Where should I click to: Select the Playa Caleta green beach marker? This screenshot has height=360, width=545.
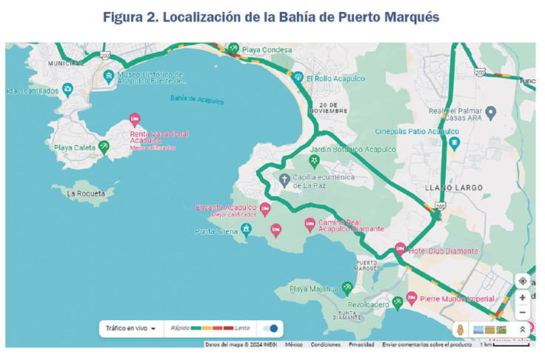pos(104,147)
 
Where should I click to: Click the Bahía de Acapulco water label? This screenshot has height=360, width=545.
pos(197,99)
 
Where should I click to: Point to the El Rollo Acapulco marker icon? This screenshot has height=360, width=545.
pos(297,77)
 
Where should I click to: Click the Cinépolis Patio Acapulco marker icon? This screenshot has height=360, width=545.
pos(455,143)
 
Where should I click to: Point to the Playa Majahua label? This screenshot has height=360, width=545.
pos(313,288)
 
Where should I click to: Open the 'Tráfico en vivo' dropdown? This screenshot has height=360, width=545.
pos(130,328)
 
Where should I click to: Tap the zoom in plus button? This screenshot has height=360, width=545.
pos(523,297)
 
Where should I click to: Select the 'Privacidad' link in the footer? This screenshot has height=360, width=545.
pos(361,344)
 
